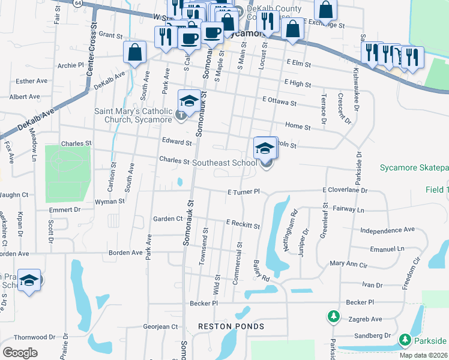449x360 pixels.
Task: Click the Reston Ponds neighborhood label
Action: click(231, 326)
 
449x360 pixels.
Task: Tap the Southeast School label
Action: click(224, 163)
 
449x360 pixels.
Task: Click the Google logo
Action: click(20, 353)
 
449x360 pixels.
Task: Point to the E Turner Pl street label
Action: click(243, 192)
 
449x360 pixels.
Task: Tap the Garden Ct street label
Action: click(167, 219)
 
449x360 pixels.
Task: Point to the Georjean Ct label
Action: click(160, 327)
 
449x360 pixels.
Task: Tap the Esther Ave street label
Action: click(31, 81)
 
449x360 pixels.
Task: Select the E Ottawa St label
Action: click(279, 103)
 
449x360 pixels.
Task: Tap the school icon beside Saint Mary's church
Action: click(189, 101)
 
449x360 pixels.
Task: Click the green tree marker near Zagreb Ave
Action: click(333, 316)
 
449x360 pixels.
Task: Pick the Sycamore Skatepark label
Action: click(414, 167)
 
